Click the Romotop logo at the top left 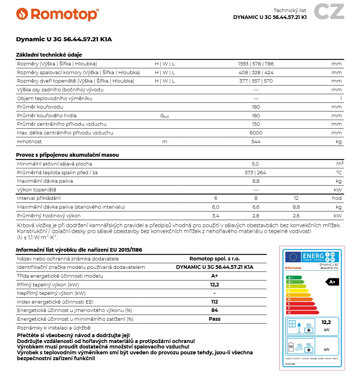[57, 14]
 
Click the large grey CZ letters [329, 12]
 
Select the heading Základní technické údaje [49, 55]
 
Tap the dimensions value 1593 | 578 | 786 [256, 64]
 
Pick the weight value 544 [256, 142]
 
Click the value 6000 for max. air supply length [256, 133]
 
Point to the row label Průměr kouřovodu [40, 107]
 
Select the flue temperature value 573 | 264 [255, 172]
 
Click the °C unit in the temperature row [339, 172]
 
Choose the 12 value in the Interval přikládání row [296, 198]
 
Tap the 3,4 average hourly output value [216, 216]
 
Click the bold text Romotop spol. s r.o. [215, 259]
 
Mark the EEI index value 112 [215, 302]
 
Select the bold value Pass [215, 319]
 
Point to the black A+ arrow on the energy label [332, 282]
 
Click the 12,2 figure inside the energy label [326, 323]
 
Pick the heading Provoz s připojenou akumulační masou [67, 155]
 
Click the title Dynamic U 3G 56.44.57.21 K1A [64, 39]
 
